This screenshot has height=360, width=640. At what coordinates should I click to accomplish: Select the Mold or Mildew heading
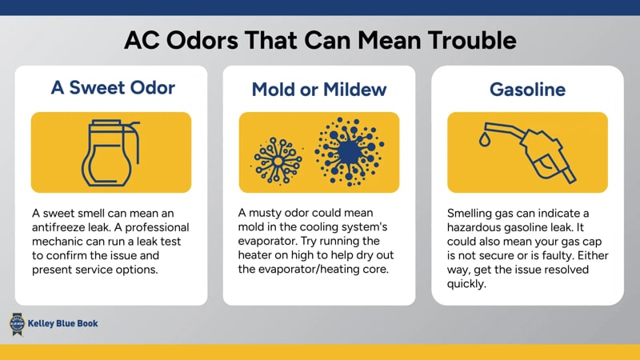click(319, 89)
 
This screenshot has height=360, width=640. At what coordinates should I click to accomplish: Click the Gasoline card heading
click(527, 89)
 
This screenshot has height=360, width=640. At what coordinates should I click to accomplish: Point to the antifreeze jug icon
click(110, 152)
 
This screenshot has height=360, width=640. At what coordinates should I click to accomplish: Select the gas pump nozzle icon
click(538, 152)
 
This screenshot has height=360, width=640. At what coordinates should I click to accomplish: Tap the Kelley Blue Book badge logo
click(15, 323)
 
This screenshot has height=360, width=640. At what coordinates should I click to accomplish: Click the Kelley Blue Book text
click(63, 324)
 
